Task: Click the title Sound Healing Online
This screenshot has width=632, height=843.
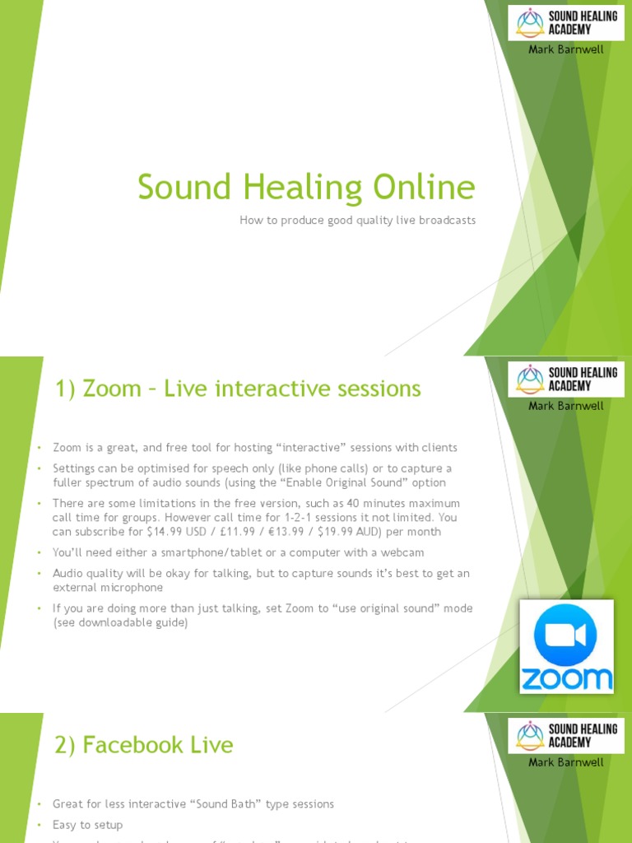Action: coord(306,188)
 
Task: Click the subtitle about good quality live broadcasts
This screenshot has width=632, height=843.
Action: coord(357,221)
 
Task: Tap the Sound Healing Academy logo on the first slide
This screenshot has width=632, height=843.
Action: coord(566,23)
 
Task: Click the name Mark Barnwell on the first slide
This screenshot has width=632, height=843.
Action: coord(565,49)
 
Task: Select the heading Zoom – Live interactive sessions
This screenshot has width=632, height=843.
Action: coord(238,389)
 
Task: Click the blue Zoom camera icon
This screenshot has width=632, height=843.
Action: coord(566,636)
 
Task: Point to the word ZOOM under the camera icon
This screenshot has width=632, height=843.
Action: coord(566,678)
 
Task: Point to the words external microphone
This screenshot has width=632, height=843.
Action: coord(108,588)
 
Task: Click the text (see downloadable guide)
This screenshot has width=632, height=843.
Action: coord(120,623)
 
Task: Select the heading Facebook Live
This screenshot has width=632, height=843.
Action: coord(144,745)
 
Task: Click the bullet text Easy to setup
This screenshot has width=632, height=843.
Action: coord(87,825)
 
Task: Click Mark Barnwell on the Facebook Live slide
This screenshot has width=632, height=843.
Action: coord(565,762)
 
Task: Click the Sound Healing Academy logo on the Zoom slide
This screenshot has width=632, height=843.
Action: coord(566,380)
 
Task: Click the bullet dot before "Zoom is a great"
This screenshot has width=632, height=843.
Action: coord(38,448)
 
